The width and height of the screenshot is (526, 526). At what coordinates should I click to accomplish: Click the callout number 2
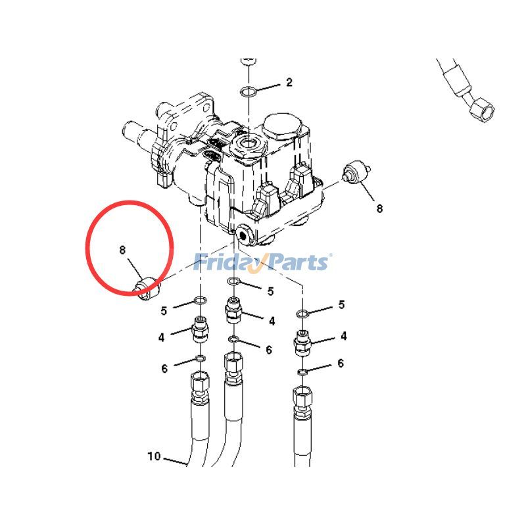289,82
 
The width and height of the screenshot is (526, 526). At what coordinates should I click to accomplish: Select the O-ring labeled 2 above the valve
249,91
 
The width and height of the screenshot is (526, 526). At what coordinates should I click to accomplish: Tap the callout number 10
154,456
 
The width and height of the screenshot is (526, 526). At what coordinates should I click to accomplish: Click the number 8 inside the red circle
122,250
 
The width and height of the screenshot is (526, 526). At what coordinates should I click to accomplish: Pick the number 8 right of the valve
379,208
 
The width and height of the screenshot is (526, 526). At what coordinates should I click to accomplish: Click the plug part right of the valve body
356,171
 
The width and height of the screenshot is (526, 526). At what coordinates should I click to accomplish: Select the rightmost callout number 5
341,304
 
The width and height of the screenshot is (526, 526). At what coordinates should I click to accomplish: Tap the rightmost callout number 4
343,336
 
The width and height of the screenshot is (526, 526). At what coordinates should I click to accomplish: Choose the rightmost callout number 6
341,363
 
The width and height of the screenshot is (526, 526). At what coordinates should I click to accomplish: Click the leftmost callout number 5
164,311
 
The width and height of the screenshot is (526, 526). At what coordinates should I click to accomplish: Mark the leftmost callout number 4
161,337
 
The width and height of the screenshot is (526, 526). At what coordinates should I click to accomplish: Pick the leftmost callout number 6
164,369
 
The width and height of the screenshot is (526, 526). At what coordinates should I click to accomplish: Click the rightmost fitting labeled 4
302,343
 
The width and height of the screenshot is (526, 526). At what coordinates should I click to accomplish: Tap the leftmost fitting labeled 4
201,329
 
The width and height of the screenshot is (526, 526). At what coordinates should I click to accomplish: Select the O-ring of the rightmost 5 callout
302,314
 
